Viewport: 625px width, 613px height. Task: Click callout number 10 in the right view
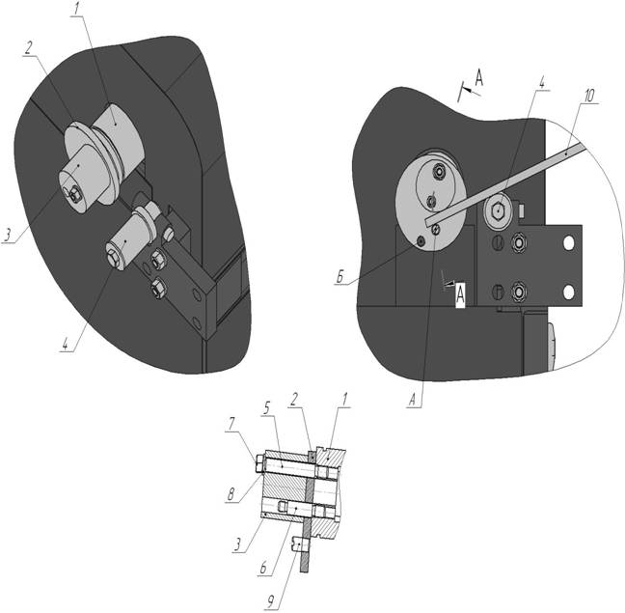pyautogui.click(x=589, y=96)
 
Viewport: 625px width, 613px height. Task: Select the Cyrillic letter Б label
pyautogui.click(x=340, y=278)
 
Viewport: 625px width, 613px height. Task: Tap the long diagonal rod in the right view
pyautogui.click(x=506, y=183)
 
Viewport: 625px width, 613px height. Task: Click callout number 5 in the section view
pyautogui.click(x=266, y=408)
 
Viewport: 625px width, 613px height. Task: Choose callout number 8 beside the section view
pyautogui.click(x=231, y=494)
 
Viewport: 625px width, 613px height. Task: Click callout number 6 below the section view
pyautogui.click(x=263, y=568)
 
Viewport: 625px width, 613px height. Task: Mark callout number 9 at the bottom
pyautogui.click(x=271, y=602)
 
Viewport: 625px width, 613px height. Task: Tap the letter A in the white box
pyautogui.click(x=460, y=295)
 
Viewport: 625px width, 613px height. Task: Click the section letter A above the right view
pyautogui.click(x=478, y=77)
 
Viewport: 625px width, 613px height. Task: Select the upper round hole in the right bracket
pyautogui.click(x=569, y=242)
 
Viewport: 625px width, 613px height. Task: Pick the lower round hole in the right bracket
pyautogui.click(x=569, y=293)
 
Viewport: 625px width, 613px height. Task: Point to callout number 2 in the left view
pyautogui.click(x=28, y=48)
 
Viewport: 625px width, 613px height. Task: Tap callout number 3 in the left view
pyautogui.click(x=8, y=236)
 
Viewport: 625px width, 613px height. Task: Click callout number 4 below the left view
pyautogui.click(x=66, y=345)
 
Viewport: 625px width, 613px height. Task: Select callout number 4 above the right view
pyautogui.click(x=541, y=82)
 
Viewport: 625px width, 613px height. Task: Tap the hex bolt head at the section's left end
pyautogui.click(x=259, y=464)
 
